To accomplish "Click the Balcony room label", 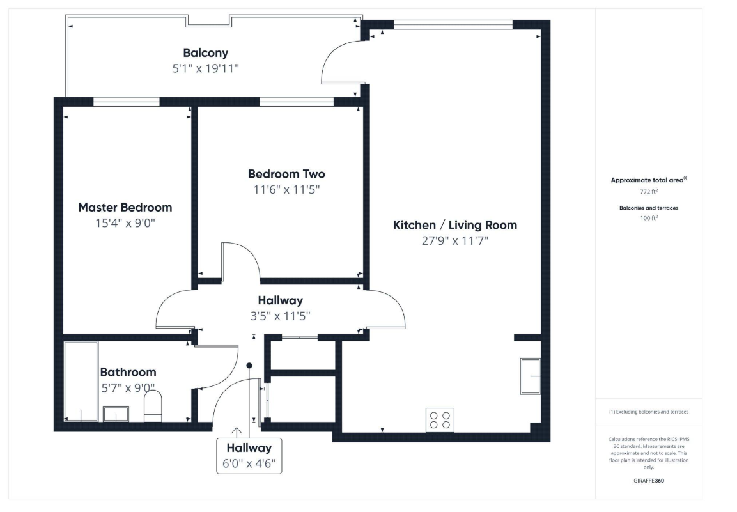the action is (205, 52).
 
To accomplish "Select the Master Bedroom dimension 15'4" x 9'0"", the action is (125, 223).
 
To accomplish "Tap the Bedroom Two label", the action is (286, 174).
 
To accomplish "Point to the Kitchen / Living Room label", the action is (454, 225).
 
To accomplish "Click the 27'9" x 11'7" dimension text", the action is (454, 241).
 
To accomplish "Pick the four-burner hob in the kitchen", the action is (440, 420).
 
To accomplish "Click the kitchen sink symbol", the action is (530, 376).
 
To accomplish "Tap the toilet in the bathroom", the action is (152, 407).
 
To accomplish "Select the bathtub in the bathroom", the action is (81, 382).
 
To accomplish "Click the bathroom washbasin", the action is (116, 414).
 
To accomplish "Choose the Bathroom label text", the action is (128, 373).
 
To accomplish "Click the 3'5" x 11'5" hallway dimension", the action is (280, 316).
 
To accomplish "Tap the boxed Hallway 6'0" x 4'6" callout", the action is (249, 456).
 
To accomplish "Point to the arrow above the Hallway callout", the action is (237, 432).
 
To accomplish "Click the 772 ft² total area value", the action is (649, 191).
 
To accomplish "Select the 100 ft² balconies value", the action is (649, 218).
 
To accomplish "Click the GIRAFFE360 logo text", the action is (649, 481).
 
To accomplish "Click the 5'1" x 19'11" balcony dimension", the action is (205, 68).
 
